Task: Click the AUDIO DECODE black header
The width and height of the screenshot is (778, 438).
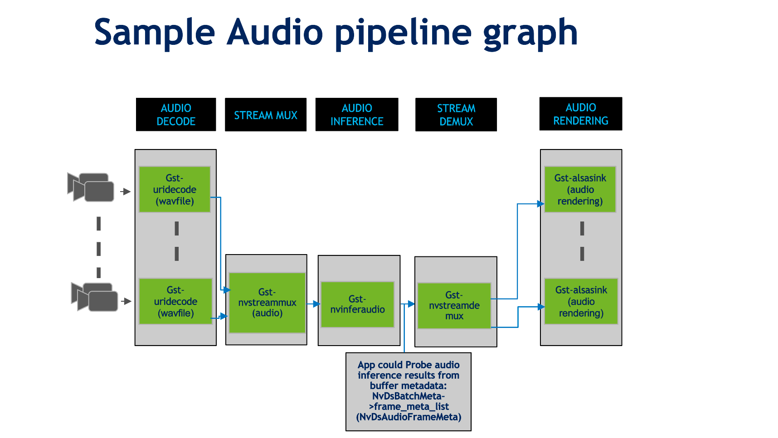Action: (x=176, y=115)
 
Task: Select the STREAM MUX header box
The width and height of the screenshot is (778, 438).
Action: (x=266, y=115)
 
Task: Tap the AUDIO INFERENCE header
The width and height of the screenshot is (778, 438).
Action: (x=357, y=115)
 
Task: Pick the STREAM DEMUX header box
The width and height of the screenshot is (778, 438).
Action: (x=456, y=115)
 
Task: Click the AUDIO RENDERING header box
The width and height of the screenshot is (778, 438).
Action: (x=581, y=114)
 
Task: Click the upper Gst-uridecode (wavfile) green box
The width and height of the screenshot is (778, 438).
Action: (x=175, y=189)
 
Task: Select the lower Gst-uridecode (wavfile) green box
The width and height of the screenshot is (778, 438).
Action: (x=175, y=301)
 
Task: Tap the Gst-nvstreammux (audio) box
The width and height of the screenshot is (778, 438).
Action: (x=267, y=303)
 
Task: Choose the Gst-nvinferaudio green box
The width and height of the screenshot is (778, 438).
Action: (x=357, y=304)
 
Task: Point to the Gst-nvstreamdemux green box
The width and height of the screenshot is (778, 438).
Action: (x=454, y=306)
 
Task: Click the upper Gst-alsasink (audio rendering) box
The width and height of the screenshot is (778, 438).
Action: (x=580, y=189)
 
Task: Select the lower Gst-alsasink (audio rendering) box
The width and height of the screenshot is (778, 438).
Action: (x=581, y=301)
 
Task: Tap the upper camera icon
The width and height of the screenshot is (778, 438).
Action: (x=91, y=187)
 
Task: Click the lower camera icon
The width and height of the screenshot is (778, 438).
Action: (x=95, y=297)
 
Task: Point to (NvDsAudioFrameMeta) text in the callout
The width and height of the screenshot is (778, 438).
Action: (x=408, y=417)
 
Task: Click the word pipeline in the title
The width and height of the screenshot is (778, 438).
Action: (x=404, y=33)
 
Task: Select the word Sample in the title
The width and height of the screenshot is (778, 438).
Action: (x=154, y=33)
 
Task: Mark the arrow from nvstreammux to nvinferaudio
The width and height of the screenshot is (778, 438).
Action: (x=314, y=304)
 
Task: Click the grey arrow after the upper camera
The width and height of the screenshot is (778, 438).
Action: (x=126, y=192)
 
